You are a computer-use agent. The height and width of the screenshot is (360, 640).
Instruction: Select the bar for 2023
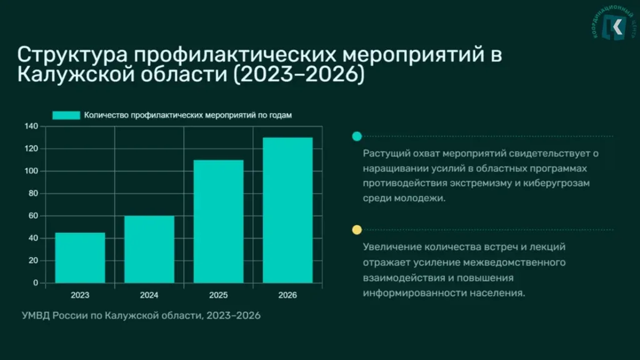(80, 257)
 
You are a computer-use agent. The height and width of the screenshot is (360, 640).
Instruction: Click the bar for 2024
(149, 249)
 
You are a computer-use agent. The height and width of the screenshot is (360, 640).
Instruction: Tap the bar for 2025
(218, 221)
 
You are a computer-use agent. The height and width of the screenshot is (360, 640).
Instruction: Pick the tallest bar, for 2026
(287, 210)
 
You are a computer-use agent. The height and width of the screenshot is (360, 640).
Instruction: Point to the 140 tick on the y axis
(31, 126)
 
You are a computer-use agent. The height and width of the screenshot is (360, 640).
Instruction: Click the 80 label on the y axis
(34, 194)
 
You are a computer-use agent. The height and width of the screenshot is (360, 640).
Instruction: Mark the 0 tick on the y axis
(36, 283)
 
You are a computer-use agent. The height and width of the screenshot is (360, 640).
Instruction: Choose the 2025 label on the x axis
(218, 295)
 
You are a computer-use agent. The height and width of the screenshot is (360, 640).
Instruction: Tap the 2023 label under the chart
(80, 295)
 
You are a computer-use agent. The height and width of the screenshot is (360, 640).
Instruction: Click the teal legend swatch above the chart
(66, 116)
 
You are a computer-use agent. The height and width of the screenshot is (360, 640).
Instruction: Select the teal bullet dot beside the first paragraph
(357, 136)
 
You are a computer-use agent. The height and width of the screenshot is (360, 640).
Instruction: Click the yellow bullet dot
(357, 230)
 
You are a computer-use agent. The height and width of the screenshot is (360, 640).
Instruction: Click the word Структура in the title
(72, 55)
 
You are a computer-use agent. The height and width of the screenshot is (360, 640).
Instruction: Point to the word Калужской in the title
(76, 74)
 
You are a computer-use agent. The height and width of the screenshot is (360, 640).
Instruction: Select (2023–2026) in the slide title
(299, 74)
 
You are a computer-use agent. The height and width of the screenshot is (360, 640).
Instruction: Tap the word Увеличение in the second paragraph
(392, 247)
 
